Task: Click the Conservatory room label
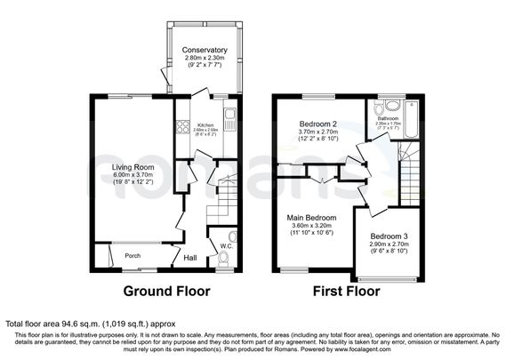205,50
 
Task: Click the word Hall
190,258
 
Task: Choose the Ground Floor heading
165,291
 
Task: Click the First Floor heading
348,291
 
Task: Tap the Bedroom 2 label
317,123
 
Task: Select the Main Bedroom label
310,217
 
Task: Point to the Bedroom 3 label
388,236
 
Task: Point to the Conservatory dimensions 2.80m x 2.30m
205,59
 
